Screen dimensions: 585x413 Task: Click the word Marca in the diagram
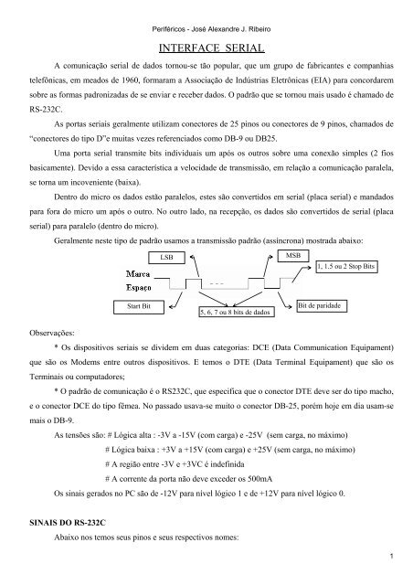tap(139, 273)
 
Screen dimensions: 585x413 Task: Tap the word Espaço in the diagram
tap(139, 286)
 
